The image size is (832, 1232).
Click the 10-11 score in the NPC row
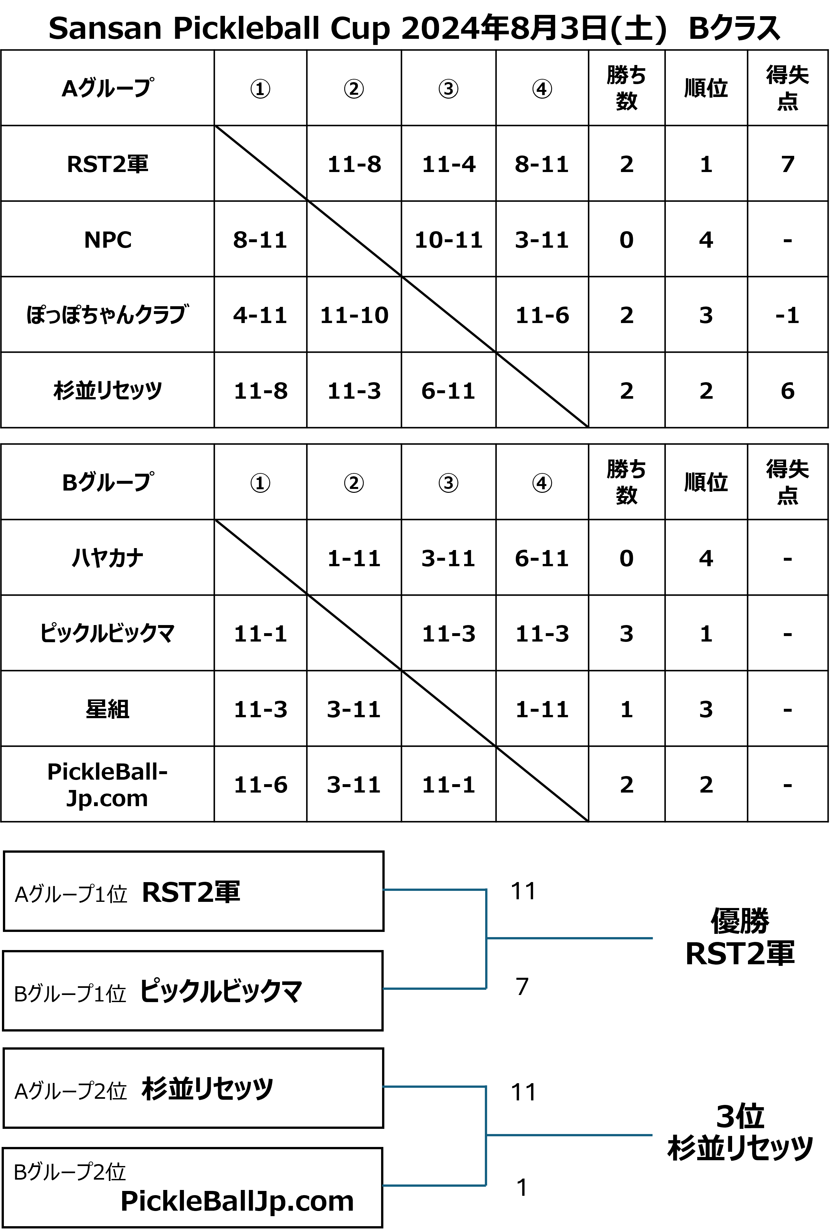tap(448, 240)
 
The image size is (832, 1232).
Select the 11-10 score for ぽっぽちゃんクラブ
tap(354, 315)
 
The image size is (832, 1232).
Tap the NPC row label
tap(108, 240)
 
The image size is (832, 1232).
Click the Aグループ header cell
tap(108, 88)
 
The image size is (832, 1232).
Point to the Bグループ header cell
tap(108, 482)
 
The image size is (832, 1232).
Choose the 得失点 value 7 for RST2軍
tap(787, 164)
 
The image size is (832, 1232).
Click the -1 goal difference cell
tap(787, 315)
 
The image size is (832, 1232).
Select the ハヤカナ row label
tap(108, 558)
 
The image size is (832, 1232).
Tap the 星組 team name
tap(108, 709)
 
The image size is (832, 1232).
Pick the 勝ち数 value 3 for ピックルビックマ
tap(626, 633)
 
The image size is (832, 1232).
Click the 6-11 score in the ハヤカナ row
tap(542, 558)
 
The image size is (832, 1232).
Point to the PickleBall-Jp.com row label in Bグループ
tap(108, 784)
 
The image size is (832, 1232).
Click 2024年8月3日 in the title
tap(504, 28)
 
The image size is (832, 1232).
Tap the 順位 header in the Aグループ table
tap(706, 88)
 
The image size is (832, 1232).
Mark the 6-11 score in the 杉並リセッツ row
tap(448, 391)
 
